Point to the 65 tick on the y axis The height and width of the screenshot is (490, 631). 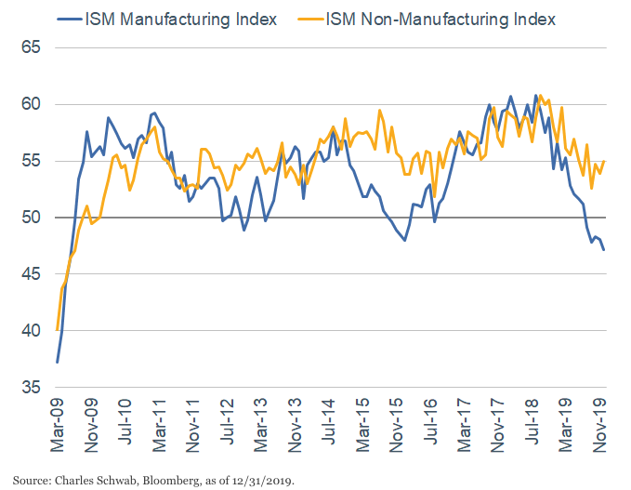(33, 46)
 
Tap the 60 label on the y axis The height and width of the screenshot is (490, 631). (33, 104)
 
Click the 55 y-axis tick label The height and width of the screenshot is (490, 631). (33, 161)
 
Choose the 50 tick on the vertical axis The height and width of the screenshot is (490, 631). (33, 218)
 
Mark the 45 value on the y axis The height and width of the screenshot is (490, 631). (33, 274)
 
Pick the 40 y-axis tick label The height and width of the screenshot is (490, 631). (33, 331)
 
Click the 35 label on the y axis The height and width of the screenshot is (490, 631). (33, 388)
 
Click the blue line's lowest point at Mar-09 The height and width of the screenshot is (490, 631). (58, 362)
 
